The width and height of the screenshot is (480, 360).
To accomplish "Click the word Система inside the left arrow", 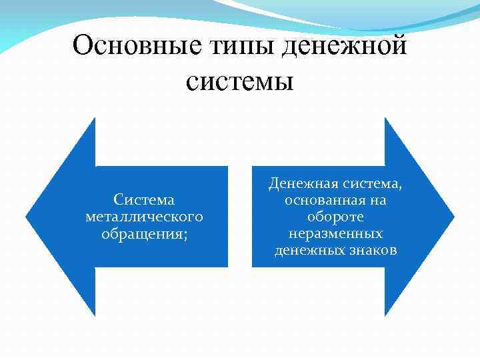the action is [x=144, y=200].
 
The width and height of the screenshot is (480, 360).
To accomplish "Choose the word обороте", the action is [x=335, y=217].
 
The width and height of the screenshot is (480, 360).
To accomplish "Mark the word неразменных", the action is [x=335, y=233].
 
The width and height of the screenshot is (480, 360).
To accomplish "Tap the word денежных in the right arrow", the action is [x=307, y=250].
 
